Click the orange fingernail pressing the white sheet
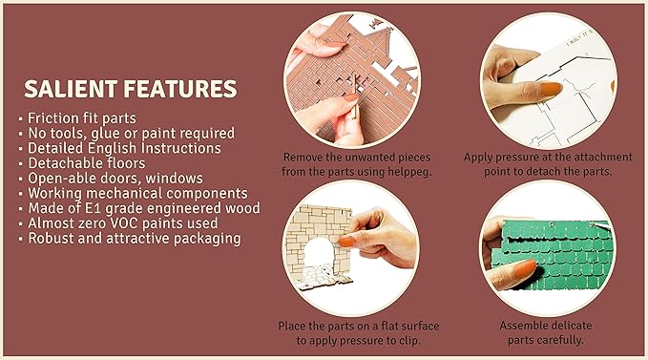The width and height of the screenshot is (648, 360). tap(551, 89)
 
